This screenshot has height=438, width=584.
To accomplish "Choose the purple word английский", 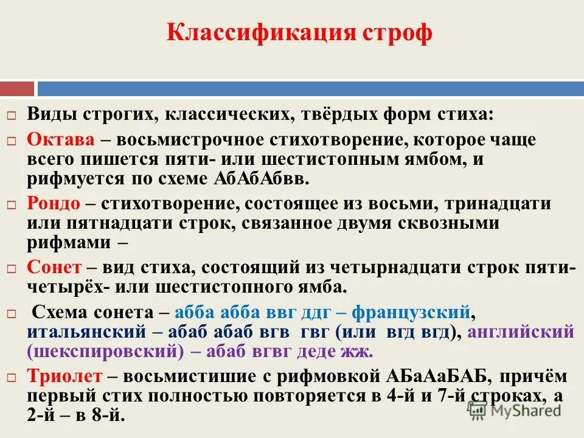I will tap(521, 332).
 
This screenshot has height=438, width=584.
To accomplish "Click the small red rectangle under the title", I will tap(17, 89).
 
